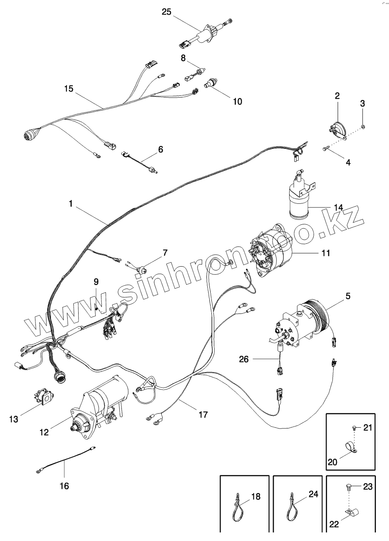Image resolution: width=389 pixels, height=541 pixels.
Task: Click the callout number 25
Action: coord(166,11)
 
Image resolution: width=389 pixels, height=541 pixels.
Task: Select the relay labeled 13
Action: coord(43,397)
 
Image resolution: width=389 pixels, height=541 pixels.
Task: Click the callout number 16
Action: coord(64,486)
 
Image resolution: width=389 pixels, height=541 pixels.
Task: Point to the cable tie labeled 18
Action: coord(237,508)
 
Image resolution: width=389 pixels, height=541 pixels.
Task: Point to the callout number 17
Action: coord(203,415)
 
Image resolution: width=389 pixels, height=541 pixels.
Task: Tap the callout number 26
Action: coord(244,359)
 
